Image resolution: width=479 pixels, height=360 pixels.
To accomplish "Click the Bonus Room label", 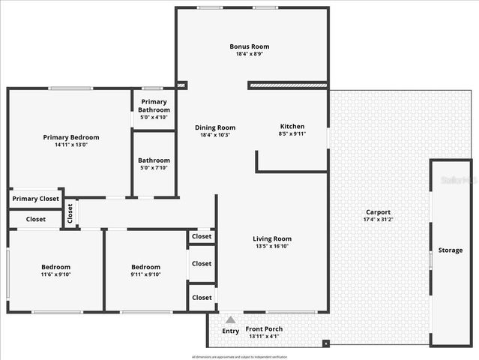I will pos(250,46).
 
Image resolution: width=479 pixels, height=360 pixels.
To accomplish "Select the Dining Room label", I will pos(215,127).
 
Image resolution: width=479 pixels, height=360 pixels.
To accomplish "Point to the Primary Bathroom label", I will pos(154,106).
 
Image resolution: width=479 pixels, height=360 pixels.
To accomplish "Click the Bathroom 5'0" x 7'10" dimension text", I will pos(154,168).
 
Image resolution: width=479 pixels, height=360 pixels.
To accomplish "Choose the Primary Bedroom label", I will pos(71,137).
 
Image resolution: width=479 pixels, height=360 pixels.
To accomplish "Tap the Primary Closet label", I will pos(35,199).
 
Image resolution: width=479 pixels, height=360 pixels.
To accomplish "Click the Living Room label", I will pos(271,238).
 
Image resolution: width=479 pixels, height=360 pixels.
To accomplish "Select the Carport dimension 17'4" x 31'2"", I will pos(378,220).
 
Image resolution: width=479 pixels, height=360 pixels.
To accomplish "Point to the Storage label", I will pos(451,250).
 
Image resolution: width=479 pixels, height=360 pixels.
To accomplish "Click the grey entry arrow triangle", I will pos(231,319).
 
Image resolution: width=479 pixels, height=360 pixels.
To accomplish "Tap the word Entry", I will pos(231,331).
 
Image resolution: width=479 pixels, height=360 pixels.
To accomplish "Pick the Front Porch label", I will pos(264,328).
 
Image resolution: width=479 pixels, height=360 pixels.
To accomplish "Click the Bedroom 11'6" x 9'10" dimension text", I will pos(55,274).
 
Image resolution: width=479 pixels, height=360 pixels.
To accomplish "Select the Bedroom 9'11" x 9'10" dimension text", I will pos(145,274).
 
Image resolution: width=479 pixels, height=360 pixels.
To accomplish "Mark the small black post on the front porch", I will pos(326,344).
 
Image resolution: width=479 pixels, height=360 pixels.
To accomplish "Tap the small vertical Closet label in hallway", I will pos(70,214).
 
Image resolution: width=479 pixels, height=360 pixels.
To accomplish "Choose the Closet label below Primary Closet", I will pos(35,220).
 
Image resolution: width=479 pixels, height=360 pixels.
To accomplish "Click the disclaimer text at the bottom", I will pos(239,356).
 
